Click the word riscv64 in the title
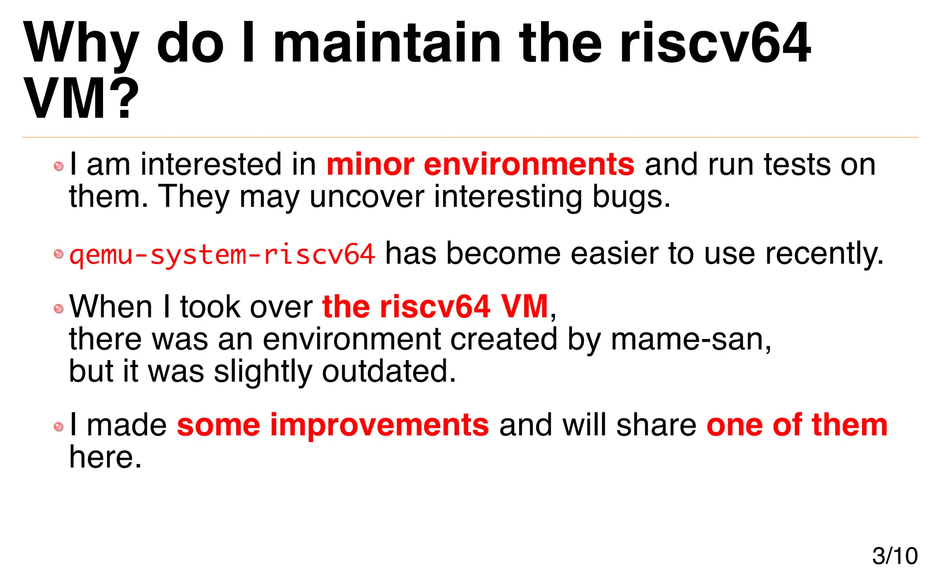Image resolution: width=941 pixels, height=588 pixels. click(715, 44)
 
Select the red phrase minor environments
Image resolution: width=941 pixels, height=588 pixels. click(480, 164)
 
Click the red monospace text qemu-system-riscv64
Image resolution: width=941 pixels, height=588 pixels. click(222, 254)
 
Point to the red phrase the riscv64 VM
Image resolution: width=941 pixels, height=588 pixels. click(435, 307)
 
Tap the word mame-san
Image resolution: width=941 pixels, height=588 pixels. click(691, 339)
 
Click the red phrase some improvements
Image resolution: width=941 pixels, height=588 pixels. click(333, 425)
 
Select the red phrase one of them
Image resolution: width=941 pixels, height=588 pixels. click(797, 425)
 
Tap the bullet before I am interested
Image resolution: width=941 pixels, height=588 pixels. click(58, 166)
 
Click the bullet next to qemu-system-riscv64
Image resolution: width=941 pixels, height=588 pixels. click(58, 254)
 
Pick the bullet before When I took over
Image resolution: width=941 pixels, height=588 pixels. click(58, 309)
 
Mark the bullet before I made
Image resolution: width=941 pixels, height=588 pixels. click(58, 427)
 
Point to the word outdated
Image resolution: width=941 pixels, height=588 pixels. click(389, 372)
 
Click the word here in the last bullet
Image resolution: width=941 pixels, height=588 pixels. click(105, 458)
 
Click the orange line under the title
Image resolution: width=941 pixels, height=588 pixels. click(470, 137)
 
